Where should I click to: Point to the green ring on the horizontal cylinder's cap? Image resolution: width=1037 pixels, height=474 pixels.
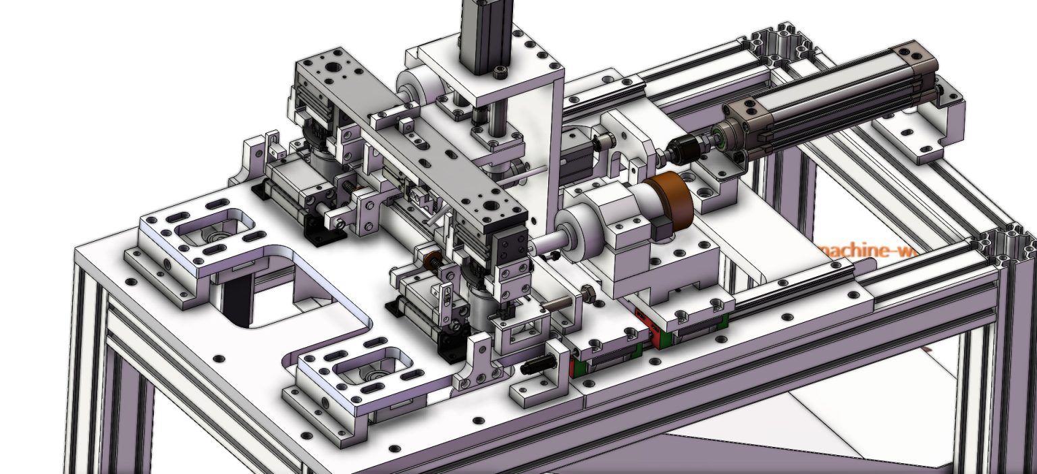coord(721,138)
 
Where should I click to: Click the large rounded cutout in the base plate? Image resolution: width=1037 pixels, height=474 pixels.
coord(284,297)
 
